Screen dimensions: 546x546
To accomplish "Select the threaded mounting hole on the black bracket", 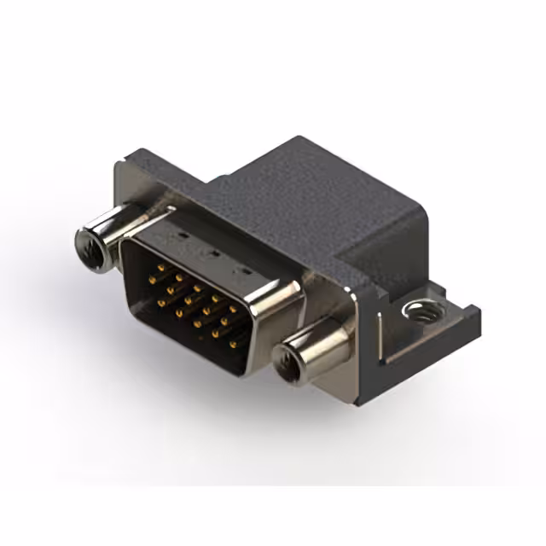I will (x=415, y=311).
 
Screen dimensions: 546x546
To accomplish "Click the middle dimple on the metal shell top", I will (x=212, y=253).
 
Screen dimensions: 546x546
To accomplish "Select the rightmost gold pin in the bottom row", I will (x=233, y=344).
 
